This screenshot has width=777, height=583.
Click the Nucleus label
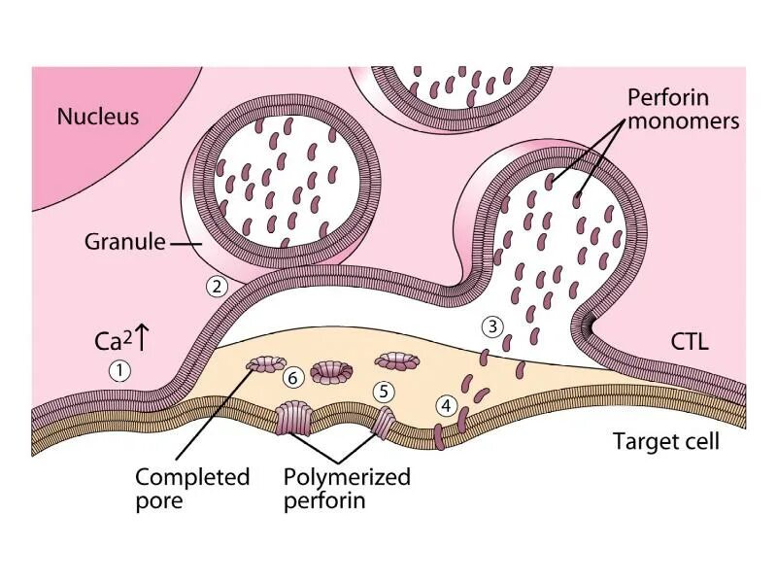[x=98, y=117]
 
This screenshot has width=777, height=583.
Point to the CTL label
[x=690, y=342]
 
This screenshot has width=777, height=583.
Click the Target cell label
[x=666, y=441]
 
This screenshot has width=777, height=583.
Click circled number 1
[x=118, y=370]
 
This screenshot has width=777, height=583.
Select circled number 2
[x=217, y=287]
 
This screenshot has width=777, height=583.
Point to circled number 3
[x=493, y=326]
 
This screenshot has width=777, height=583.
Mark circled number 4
[x=446, y=405]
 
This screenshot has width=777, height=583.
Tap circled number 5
[x=385, y=391]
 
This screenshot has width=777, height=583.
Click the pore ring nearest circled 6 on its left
[x=262, y=365]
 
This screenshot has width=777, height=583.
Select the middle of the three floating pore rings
[x=330, y=371]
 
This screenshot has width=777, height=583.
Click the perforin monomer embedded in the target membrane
[x=438, y=434]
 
